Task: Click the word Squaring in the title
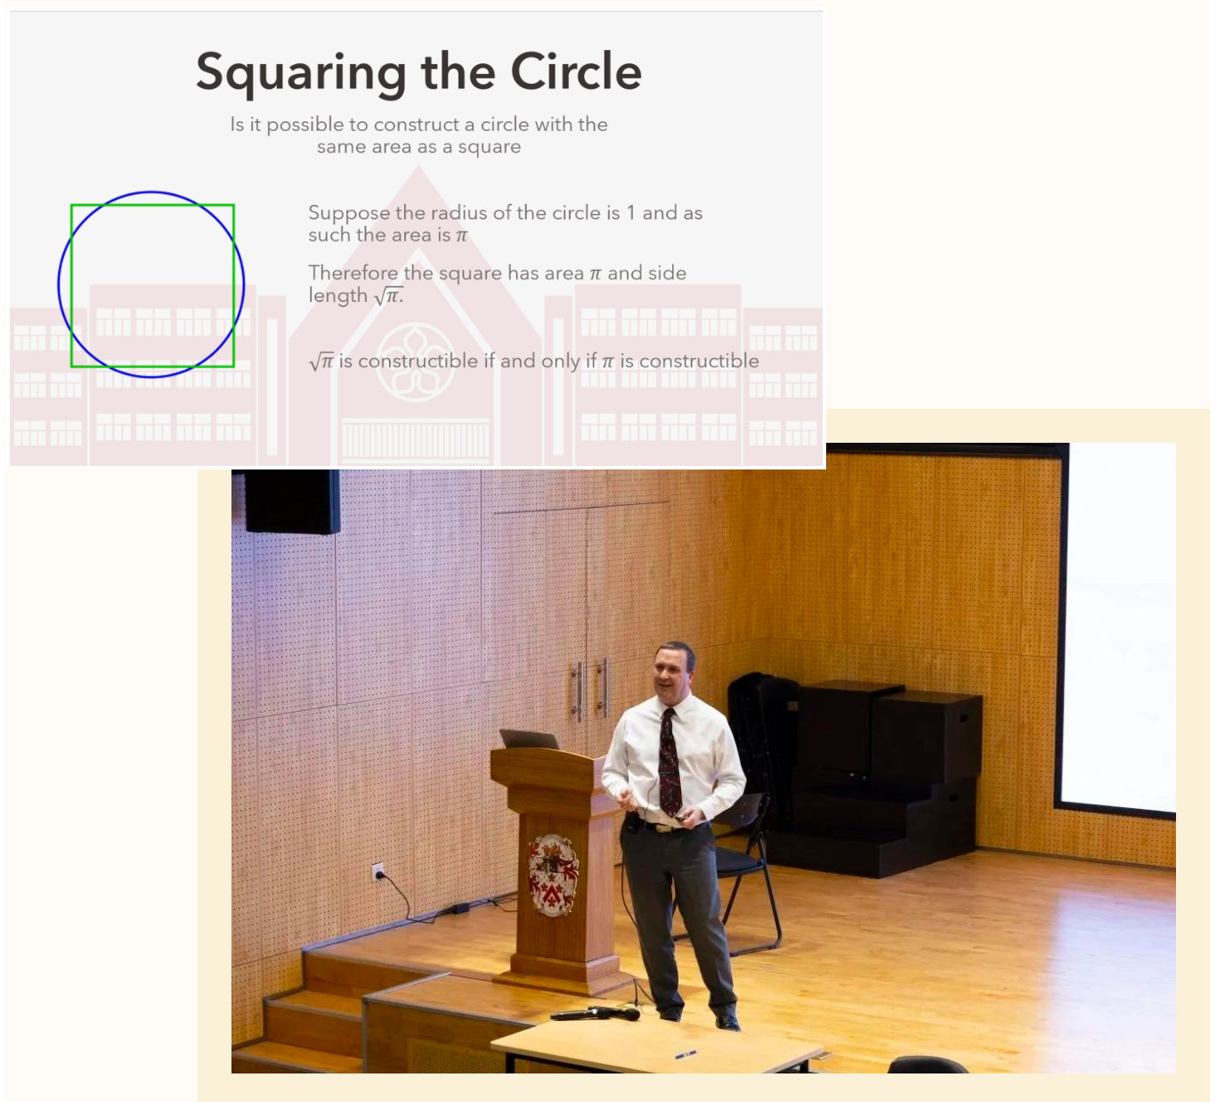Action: click(x=301, y=73)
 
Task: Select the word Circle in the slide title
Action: click(x=576, y=71)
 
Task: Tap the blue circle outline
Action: click(x=60, y=284)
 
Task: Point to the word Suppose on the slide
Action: click(x=349, y=214)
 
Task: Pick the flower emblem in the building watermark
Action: click(x=415, y=362)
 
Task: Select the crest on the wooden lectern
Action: click(x=552, y=875)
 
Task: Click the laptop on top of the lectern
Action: click(x=529, y=739)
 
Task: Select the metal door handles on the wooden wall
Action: click(x=589, y=690)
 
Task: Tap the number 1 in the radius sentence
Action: click(x=631, y=213)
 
